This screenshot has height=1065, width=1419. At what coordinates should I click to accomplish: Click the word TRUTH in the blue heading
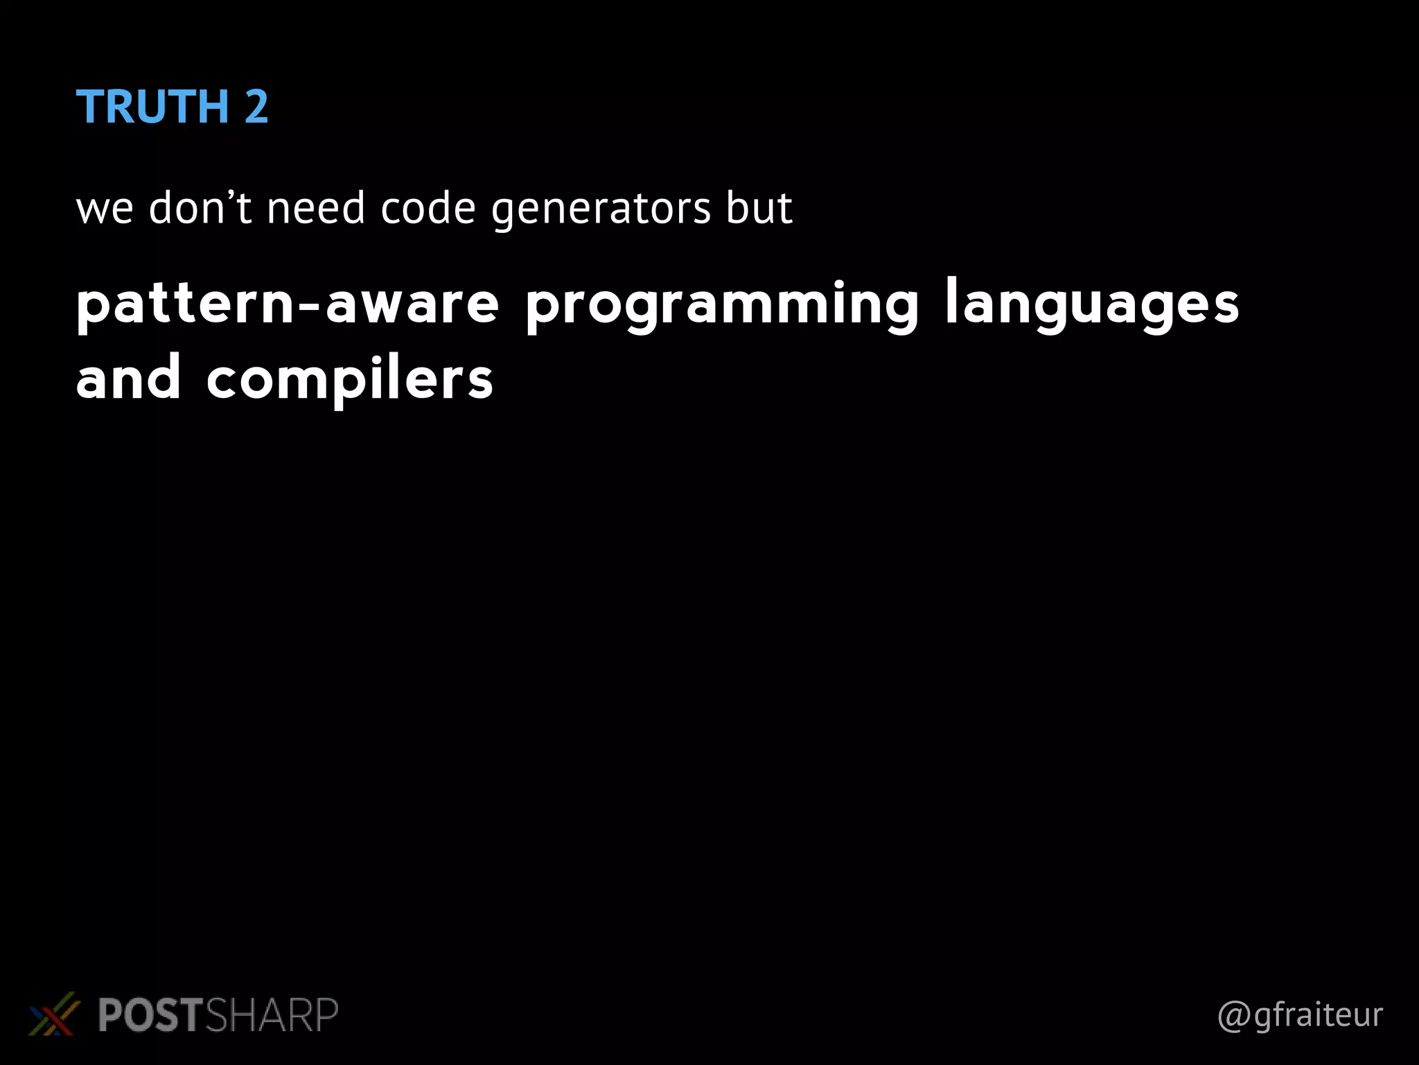click(x=152, y=107)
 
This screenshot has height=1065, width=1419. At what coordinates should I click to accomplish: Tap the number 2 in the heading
click(x=256, y=107)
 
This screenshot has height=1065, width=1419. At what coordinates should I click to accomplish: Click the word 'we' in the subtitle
click(x=104, y=209)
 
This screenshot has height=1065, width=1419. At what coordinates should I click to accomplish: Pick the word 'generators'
click(x=601, y=210)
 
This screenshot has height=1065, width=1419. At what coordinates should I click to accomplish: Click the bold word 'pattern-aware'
click(x=288, y=304)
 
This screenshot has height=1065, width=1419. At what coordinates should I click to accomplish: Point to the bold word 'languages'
click(x=1092, y=306)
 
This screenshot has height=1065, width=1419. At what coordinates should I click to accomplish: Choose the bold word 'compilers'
click(x=350, y=380)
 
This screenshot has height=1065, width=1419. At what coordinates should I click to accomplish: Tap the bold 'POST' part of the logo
click(x=150, y=1015)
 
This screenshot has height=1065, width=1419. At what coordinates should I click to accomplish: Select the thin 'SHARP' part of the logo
click(x=272, y=1015)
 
